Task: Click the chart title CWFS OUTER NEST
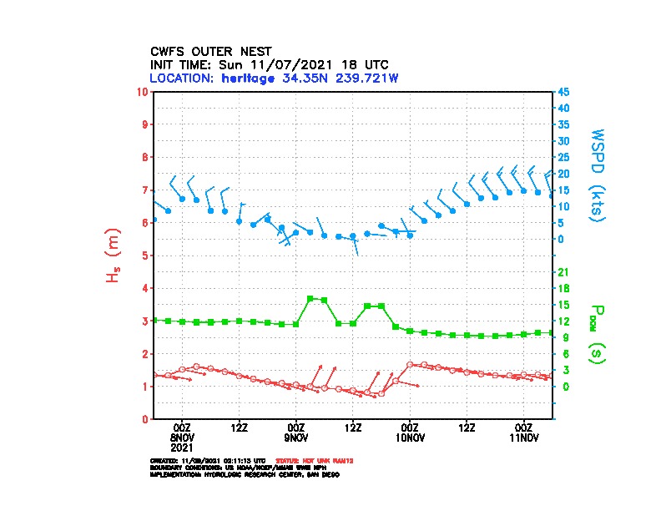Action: [x=210, y=51]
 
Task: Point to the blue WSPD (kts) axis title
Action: [x=598, y=174]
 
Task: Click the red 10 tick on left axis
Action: [x=144, y=91]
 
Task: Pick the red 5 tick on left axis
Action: [x=146, y=255]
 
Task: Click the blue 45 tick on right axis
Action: [x=563, y=91]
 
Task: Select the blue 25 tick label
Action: [x=563, y=157]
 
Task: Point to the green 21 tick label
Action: [x=563, y=272]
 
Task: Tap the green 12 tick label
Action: [x=563, y=321]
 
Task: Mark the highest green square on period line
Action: [x=310, y=298]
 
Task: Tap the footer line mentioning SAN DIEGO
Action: [x=244, y=473]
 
